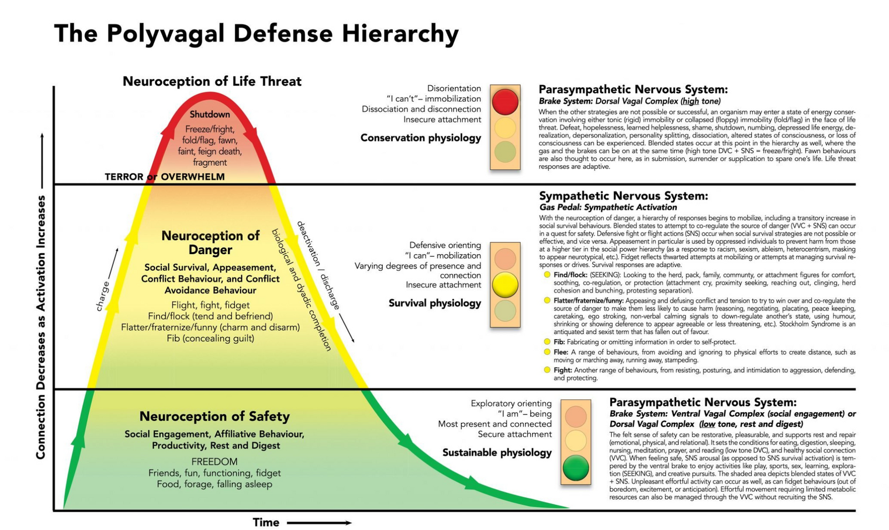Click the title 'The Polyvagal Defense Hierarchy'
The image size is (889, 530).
point(256,34)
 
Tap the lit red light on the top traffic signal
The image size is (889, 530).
point(505,101)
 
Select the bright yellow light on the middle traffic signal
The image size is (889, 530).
point(505,284)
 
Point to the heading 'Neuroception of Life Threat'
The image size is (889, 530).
point(212,82)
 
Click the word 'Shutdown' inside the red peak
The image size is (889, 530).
point(209,115)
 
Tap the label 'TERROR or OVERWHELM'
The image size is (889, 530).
point(164,177)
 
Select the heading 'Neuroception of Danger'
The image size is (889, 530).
point(210,242)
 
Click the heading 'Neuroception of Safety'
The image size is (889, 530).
point(214,417)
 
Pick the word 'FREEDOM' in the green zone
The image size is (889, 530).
point(214,462)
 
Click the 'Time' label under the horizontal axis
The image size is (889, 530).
point(266,523)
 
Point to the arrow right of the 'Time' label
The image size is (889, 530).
point(319,523)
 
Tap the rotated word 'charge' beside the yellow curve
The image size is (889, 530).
point(103,296)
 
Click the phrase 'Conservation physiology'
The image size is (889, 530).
point(421,138)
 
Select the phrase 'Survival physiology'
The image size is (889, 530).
point(434,303)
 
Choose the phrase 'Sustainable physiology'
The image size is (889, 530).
point(497,453)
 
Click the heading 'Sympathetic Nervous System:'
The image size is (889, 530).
point(623,196)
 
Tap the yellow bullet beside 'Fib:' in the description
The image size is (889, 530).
point(547,341)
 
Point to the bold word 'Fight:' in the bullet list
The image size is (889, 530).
point(562,370)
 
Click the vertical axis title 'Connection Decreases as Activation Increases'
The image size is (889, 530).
point(41,327)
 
